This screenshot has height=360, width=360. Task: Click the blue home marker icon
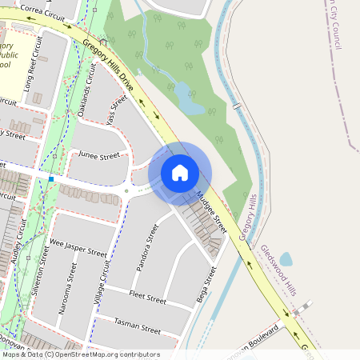pos(180,172)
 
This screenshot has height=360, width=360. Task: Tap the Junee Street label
pos(98,155)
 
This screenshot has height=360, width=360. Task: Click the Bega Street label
pos(206,286)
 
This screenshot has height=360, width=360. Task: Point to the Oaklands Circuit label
pos(86,91)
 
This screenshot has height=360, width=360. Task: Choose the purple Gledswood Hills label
pos(278,270)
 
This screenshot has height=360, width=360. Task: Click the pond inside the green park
pos(189,98)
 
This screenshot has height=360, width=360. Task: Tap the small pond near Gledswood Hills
pos(286,258)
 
